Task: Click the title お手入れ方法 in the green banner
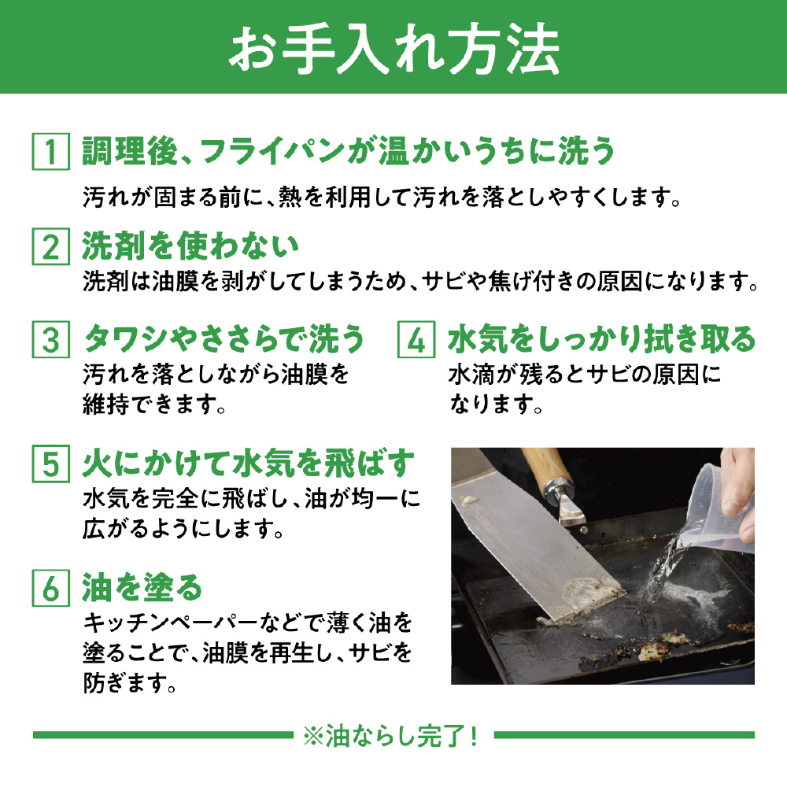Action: [394, 50]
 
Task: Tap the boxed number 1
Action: [50, 151]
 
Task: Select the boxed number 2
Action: [50, 246]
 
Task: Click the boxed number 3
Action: [50, 339]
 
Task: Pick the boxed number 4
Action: [416, 339]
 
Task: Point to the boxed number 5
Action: [50, 464]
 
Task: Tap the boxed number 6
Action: [50, 588]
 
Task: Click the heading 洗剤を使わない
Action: [190, 246]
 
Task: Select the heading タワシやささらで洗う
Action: [224, 339]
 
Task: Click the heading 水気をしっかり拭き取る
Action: [601, 339]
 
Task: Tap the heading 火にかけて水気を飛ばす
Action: [249, 464]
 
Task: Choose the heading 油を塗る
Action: [142, 588]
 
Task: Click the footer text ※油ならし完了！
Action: [391, 735]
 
